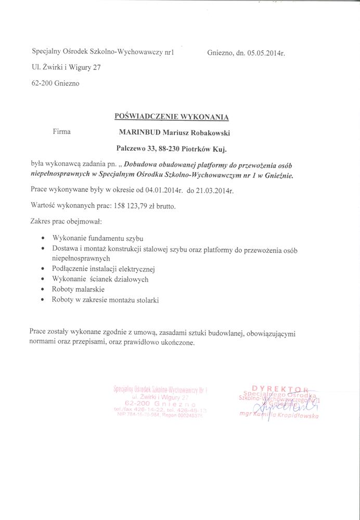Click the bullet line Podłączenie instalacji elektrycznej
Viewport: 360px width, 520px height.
coord(104,269)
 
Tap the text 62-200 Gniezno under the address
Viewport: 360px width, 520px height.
coord(56,83)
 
